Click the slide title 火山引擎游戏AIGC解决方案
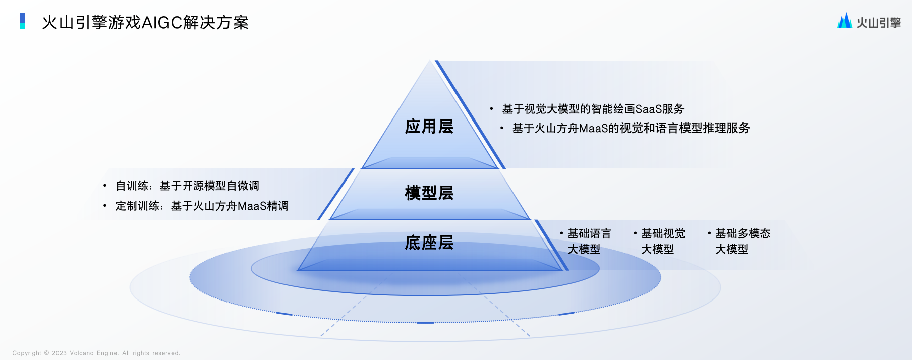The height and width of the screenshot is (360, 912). tap(145, 23)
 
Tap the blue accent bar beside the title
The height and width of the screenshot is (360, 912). tap(23, 21)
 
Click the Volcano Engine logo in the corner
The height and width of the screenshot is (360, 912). tap(869, 21)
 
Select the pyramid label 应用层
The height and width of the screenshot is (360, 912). tap(429, 127)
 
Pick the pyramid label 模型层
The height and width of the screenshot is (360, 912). tap(429, 193)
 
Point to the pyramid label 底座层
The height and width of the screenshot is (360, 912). tap(429, 243)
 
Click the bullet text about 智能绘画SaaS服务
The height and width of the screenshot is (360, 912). tap(593, 109)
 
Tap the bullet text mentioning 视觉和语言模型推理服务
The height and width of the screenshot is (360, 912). tap(631, 128)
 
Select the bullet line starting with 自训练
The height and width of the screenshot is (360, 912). tap(187, 186)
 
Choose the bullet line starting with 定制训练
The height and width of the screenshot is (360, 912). tap(202, 206)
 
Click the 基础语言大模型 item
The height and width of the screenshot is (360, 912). tap(589, 241)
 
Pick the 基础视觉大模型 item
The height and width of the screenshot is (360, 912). tap(663, 241)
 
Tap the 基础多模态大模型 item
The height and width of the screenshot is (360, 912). tap(743, 241)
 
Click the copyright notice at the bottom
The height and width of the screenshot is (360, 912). tap(96, 353)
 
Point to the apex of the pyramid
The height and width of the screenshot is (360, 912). tap(430, 61)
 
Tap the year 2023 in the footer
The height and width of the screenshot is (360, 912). tap(59, 353)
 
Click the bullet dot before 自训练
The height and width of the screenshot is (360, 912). tap(105, 186)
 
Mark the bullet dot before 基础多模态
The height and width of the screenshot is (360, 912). tap(709, 233)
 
